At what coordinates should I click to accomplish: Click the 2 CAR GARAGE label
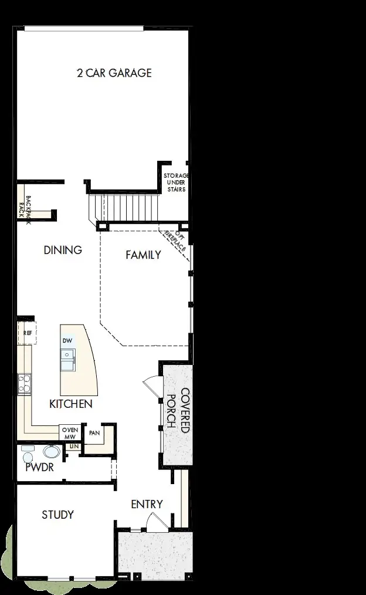(x=114, y=73)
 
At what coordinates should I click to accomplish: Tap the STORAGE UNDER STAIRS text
(x=176, y=182)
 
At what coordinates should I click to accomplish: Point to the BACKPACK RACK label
(x=25, y=207)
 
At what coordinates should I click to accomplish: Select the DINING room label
(x=63, y=250)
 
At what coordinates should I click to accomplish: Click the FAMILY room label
(x=143, y=255)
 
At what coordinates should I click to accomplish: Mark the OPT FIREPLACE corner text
(x=177, y=241)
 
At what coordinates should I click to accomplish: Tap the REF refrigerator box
(x=27, y=332)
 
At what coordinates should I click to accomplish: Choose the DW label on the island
(x=67, y=340)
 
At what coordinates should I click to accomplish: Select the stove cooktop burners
(x=24, y=384)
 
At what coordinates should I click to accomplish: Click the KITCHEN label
(x=70, y=404)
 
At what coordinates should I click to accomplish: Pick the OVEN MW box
(x=70, y=433)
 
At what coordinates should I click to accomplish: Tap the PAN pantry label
(x=93, y=434)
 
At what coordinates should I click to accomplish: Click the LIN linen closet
(x=74, y=447)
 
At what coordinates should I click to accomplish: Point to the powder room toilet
(x=50, y=452)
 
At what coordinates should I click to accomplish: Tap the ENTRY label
(x=147, y=504)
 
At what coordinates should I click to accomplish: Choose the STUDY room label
(x=57, y=515)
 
